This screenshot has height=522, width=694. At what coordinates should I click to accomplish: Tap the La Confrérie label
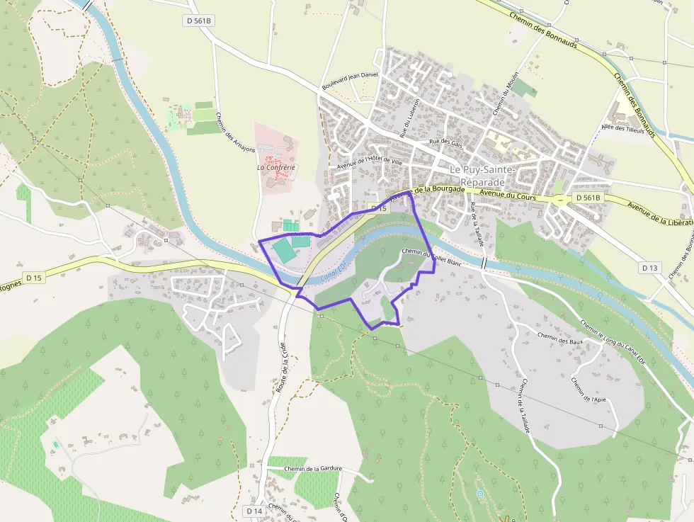(276, 168)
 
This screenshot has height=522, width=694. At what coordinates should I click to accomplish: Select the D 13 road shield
(649, 268)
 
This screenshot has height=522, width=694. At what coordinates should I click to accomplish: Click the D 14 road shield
(255, 511)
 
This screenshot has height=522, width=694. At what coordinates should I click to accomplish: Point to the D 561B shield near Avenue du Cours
(587, 198)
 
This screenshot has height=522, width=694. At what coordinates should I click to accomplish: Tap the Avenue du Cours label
(508, 195)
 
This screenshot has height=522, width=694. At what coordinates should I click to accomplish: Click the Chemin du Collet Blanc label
(431, 256)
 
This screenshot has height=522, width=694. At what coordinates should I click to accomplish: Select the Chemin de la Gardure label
(313, 468)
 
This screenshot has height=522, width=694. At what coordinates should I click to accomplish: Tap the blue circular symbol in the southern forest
(479, 494)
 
